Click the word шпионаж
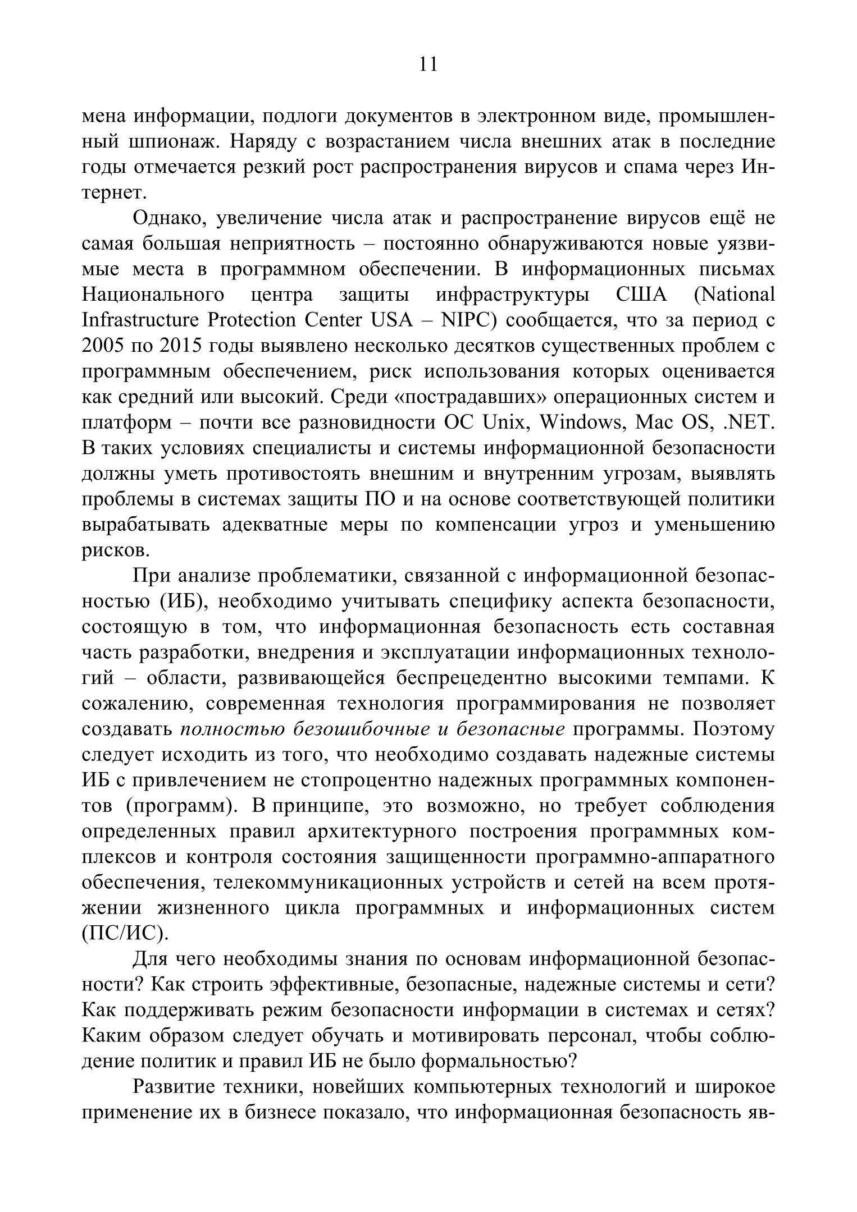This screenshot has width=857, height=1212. click(172, 141)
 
